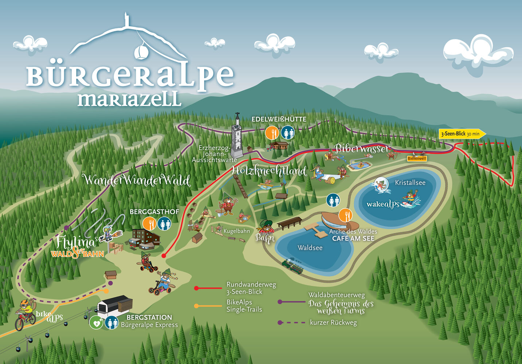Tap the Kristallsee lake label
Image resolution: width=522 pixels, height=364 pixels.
(x=410, y=183)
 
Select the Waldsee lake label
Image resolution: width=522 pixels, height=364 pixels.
(x=310, y=248)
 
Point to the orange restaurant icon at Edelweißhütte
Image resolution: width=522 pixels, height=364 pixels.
(x=272, y=133)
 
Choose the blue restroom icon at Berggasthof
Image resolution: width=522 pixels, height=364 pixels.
(x=165, y=223)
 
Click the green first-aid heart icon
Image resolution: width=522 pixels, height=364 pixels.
(x=96, y=323)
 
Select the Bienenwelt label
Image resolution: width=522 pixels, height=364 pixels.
(x=417, y=159)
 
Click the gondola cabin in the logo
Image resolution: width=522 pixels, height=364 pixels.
(x=141, y=52)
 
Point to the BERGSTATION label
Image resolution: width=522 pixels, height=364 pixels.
(x=149, y=317)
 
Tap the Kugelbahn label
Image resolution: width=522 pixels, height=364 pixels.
(x=237, y=231)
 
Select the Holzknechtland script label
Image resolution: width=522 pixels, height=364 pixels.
(x=269, y=171)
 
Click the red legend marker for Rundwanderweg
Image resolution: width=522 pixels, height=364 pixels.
(x=196, y=288)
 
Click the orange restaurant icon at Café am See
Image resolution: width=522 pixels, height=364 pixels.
(x=345, y=215)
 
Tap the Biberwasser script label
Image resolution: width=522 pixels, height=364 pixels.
(x=362, y=149)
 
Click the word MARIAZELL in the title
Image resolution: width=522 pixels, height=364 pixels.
(x=129, y=99)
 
